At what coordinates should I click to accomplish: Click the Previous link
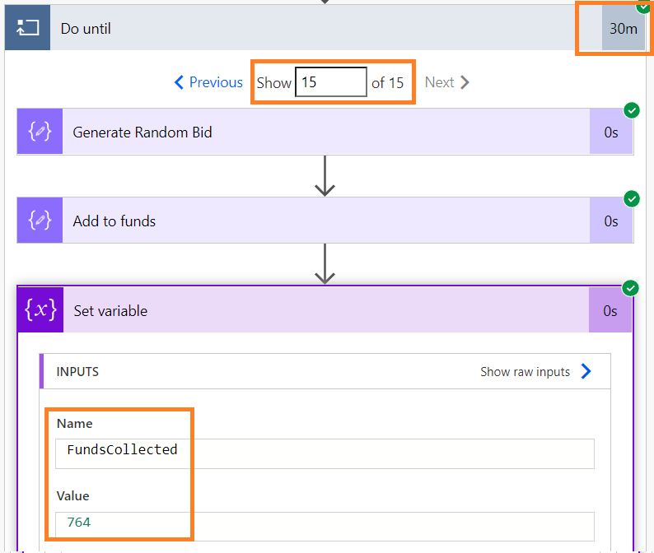tap(208, 82)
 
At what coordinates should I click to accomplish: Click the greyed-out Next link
tap(446, 82)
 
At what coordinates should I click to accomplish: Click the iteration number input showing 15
tap(331, 82)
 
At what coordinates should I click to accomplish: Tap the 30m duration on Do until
tap(624, 28)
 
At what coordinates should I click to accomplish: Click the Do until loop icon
tap(27, 28)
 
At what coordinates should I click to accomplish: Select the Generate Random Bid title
tap(142, 132)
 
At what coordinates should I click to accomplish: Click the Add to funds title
tap(114, 221)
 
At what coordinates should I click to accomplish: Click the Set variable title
tap(110, 311)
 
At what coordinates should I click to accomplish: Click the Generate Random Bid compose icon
tap(40, 132)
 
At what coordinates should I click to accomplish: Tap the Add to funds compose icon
tap(40, 220)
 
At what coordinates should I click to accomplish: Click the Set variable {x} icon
tap(40, 309)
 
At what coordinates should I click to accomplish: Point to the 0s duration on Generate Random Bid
tap(611, 132)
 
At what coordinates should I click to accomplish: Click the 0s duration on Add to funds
tap(611, 221)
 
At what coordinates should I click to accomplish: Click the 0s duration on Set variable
tap(610, 311)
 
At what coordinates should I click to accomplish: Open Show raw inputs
tap(535, 371)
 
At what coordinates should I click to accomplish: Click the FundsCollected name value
tap(122, 449)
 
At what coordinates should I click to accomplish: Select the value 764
tap(79, 523)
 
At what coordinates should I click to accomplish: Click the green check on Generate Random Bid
tap(632, 110)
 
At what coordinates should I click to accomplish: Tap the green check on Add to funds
tap(632, 199)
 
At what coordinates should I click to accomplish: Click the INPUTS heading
tap(77, 372)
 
